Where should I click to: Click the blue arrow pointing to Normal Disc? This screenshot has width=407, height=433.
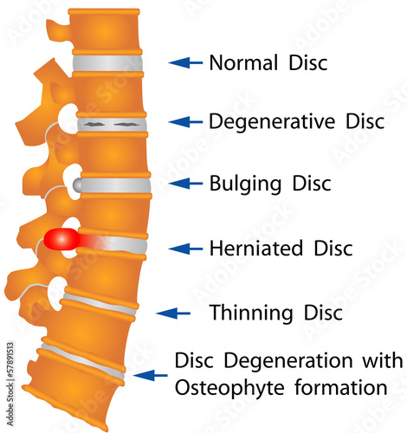(185, 62)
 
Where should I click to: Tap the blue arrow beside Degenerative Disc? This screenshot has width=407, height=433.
(185, 122)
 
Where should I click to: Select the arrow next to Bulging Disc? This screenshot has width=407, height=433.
(185, 184)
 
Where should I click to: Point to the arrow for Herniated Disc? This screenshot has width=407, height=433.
(185, 249)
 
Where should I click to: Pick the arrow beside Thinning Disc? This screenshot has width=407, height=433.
(173, 313)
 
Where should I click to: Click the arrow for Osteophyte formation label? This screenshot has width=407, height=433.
(150, 375)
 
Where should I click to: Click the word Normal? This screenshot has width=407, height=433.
(243, 62)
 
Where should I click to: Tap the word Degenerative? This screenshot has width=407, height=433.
(272, 121)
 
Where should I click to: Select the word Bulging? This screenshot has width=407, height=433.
(245, 184)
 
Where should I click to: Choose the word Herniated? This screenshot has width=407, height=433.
(256, 248)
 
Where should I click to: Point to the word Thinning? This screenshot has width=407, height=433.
(251, 313)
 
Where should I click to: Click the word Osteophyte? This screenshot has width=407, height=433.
(229, 388)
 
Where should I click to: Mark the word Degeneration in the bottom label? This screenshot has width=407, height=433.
(288, 361)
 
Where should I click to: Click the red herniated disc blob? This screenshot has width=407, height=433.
(61, 239)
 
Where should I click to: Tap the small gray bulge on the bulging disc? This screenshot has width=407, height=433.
(77, 184)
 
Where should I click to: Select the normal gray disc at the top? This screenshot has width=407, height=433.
(107, 63)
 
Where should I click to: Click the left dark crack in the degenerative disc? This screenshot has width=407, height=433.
(94, 125)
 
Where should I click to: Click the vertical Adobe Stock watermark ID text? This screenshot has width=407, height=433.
(10, 384)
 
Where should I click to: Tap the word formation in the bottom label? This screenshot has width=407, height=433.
(341, 387)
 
